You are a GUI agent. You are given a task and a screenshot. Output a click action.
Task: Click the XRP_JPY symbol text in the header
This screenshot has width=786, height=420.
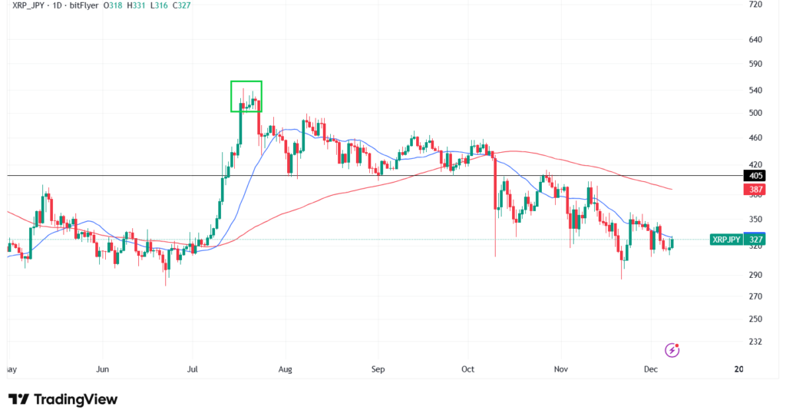[x=28, y=6]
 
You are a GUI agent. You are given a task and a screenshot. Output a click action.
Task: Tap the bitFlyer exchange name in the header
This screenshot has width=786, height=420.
[x=89, y=6]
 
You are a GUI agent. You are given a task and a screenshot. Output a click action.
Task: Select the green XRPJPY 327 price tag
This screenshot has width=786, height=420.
[x=727, y=239]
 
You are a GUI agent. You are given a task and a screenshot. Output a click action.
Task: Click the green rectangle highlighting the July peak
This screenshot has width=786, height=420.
[x=246, y=96]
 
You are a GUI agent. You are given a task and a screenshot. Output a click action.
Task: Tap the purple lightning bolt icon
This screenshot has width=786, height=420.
[x=672, y=350]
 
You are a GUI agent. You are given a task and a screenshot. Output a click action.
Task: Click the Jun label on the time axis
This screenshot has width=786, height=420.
[x=101, y=369]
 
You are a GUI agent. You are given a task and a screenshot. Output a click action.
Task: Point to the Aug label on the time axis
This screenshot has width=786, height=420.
[x=286, y=369]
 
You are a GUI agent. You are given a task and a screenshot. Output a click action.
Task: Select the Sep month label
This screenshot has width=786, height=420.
[x=377, y=369]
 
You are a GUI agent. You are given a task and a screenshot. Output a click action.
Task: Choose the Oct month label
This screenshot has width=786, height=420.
[x=468, y=369]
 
